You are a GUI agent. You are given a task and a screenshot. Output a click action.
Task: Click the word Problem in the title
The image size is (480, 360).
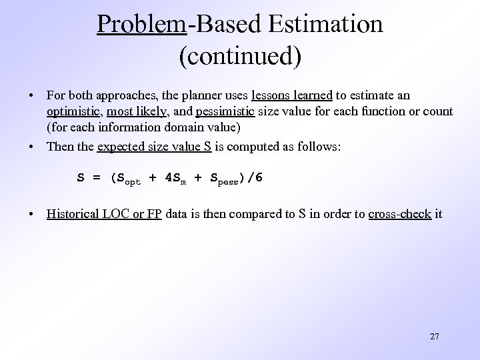(141, 24)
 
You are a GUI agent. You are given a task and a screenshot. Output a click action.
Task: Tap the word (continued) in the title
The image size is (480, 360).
(240, 56)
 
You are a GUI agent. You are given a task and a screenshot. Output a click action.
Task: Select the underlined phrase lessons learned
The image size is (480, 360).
(291, 95)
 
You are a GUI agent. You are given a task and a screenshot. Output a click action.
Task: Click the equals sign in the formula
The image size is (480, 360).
(97, 178)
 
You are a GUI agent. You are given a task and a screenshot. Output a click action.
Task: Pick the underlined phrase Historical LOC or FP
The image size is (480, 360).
(104, 215)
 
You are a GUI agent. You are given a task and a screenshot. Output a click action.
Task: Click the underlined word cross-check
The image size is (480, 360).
(399, 215)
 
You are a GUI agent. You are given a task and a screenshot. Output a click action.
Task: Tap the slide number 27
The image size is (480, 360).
(434, 336)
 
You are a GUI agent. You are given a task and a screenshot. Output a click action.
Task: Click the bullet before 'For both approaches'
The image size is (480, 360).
(31, 95)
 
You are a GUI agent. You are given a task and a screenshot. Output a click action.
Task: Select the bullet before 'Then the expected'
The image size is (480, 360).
(31, 146)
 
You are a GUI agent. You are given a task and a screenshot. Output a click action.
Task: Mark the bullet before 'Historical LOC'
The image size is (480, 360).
(31, 215)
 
